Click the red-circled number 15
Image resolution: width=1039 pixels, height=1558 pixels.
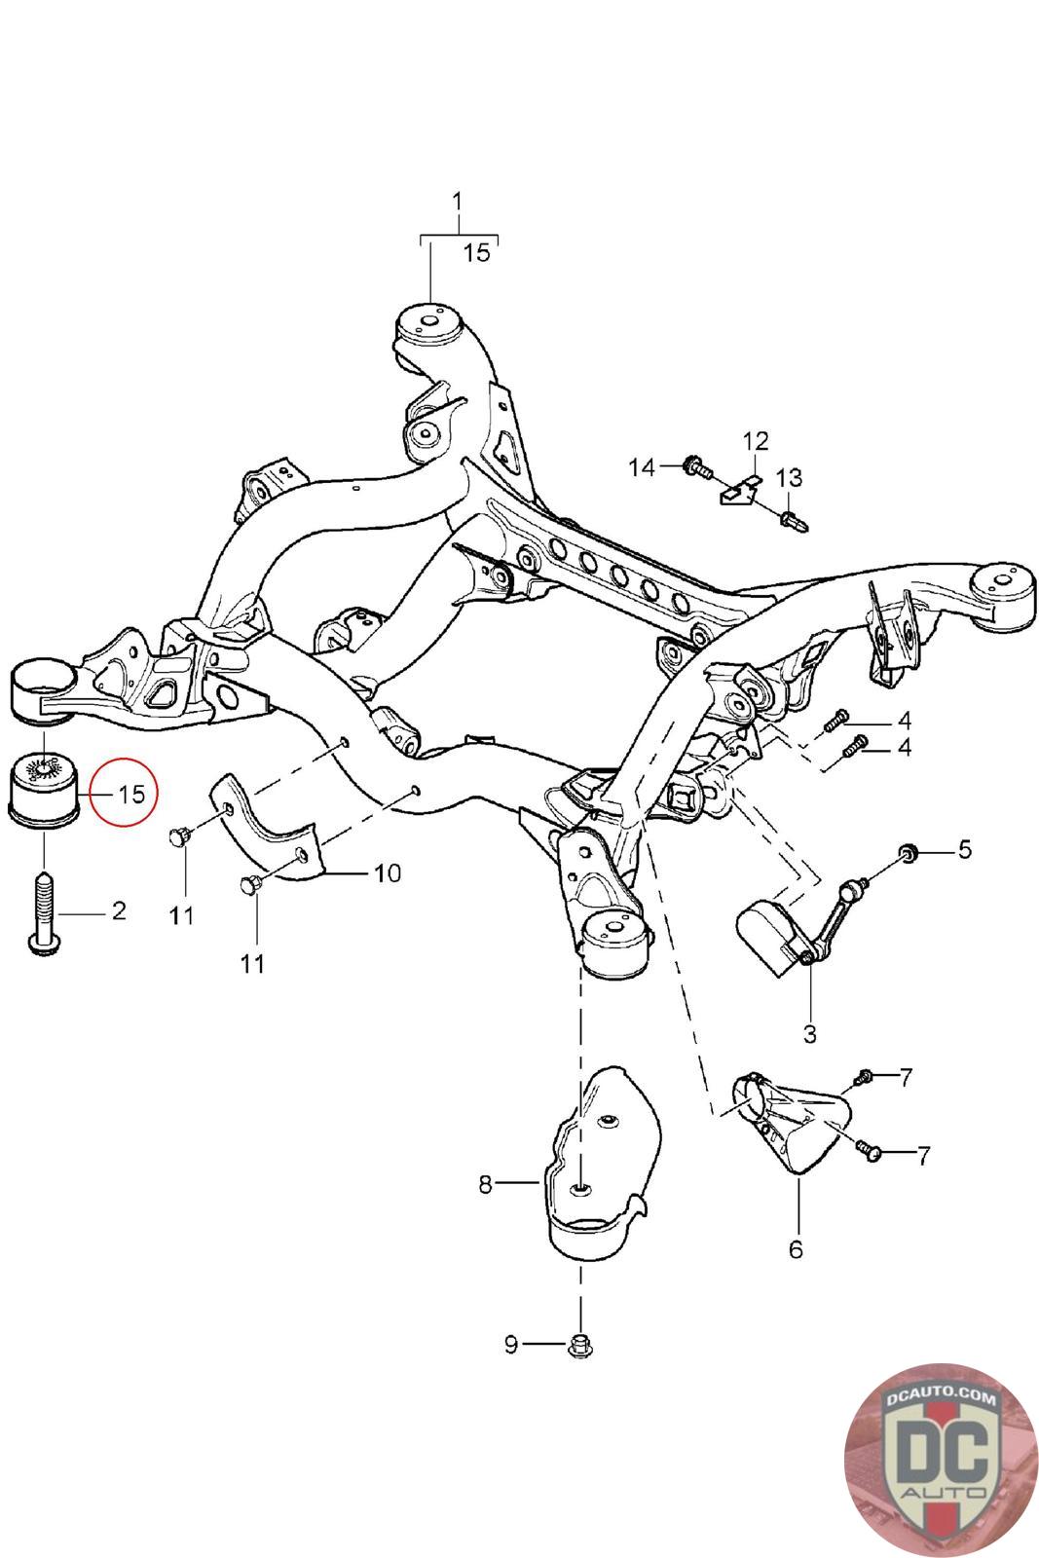click(130, 794)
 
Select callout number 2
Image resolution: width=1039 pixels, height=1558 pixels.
click(119, 910)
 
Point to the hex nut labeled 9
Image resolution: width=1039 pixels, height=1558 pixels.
click(580, 1346)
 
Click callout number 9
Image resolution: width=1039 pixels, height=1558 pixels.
click(511, 1346)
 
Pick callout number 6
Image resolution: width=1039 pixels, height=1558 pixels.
click(796, 1248)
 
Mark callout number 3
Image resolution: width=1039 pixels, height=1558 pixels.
click(810, 1033)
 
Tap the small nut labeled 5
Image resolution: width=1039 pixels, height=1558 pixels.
click(907, 853)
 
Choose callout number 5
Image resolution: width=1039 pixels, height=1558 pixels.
click(964, 849)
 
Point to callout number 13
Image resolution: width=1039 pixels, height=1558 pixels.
click(789, 478)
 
